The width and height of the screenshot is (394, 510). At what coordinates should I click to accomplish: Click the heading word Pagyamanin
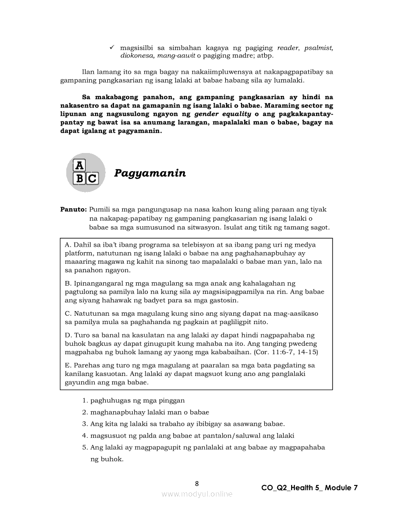point(150,173)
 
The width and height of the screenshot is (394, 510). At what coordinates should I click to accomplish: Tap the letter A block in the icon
point(80,165)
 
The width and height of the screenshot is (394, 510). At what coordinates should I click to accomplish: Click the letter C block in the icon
point(92,178)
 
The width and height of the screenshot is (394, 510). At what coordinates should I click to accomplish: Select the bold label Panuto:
point(74,210)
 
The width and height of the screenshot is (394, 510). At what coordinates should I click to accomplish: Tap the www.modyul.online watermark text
point(197,494)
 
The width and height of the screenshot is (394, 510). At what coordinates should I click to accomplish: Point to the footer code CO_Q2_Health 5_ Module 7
point(310,488)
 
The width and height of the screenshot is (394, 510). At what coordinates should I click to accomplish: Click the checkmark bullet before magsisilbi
point(112,48)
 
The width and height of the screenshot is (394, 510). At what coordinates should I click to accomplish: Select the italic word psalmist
point(319,48)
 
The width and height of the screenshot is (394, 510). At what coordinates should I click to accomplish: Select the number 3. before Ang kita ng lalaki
point(85,424)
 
